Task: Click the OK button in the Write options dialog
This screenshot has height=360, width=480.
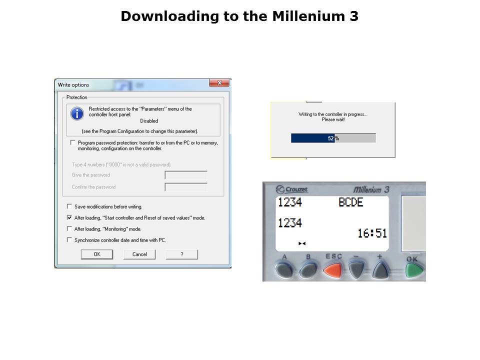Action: pyautogui.click(x=96, y=254)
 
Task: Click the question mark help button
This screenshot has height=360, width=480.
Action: pyautogui.click(x=182, y=254)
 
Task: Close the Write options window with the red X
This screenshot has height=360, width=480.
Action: pyautogui.click(x=219, y=83)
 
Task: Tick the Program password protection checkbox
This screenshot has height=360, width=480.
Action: pyautogui.click(x=72, y=142)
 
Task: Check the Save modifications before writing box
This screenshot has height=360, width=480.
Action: pyautogui.click(x=69, y=206)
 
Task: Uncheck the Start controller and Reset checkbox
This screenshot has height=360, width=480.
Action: pyautogui.click(x=69, y=217)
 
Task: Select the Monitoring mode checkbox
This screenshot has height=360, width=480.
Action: pyautogui.click(x=69, y=228)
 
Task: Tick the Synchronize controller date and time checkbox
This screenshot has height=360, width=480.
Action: pyautogui.click(x=69, y=239)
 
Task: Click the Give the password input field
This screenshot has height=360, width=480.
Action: pyautogui.click(x=186, y=175)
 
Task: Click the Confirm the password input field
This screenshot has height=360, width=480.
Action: pyautogui.click(x=186, y=187)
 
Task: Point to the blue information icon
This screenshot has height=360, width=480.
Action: pyautogui.click(x=77, y=113)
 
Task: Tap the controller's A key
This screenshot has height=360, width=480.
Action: pyautogui.click(x=284, y=269)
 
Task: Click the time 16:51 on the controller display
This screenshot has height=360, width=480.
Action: pyautogui.click(x=372, y=233)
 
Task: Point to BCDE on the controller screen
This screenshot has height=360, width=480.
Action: pyautogui.click(x=351, y=202)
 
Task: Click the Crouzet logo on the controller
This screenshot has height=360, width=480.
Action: pyautogui.click(x=291, y=189)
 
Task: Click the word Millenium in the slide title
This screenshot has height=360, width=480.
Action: pyautogui.click(x=308, y=16)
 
